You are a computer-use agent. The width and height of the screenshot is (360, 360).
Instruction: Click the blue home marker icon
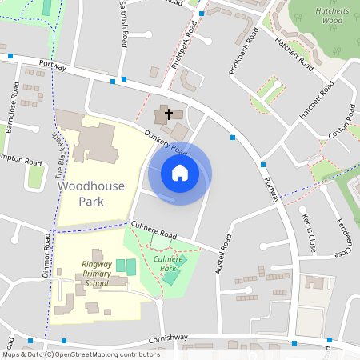click(180, 172)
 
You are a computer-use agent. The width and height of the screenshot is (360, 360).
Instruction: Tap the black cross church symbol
click(169, 114)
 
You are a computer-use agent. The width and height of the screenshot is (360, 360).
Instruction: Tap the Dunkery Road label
click(167, 145)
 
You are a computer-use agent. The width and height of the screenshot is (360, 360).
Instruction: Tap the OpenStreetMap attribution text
click(81, 354)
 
